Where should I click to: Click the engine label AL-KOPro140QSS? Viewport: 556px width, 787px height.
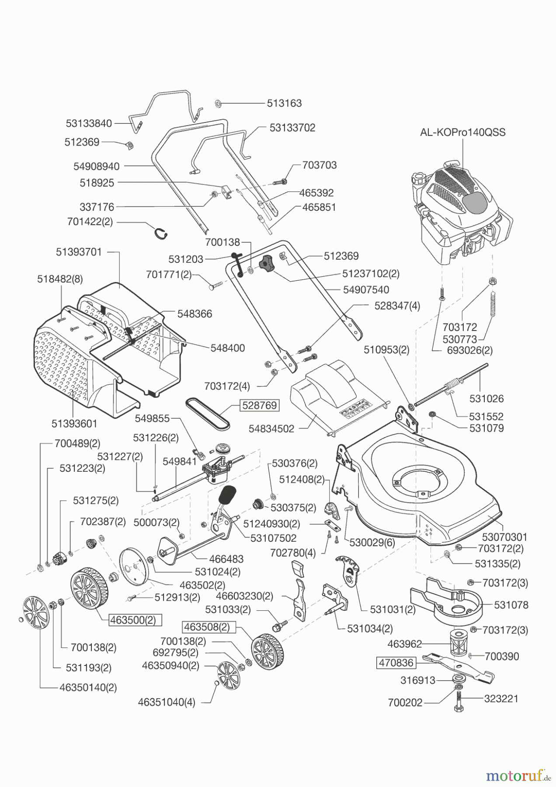click(x=462, y=132)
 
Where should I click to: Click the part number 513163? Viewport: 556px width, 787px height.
click(x=285, y=103)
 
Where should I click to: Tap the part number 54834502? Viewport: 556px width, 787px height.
click(x=271, y=429)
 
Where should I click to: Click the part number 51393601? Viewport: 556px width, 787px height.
click(x=74, y=424)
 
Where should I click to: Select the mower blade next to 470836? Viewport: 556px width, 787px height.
click(x=459, y=666)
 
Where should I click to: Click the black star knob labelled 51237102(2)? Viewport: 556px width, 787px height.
click(x=266, y=265)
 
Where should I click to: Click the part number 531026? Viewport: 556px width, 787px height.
click(x=486, y=399)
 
